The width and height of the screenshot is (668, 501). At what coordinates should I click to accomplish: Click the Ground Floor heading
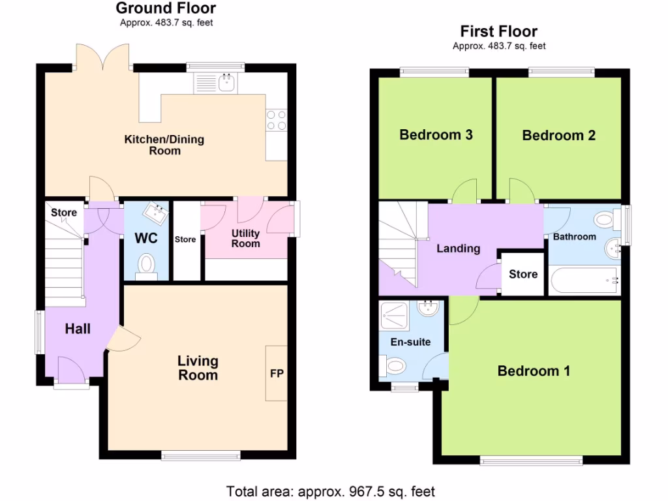tap(166, 8)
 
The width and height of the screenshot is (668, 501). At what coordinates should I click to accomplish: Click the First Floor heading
tap(499, 31)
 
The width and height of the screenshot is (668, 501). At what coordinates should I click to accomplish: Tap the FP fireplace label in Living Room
tap(277, 374)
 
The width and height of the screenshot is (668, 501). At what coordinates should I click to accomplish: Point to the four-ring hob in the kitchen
tap(276, 120)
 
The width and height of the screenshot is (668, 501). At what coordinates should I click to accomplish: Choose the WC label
tap(146, 238)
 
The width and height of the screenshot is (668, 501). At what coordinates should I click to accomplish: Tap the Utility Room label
tap(246, 238)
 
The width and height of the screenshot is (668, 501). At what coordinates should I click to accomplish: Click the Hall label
tap(78, 329)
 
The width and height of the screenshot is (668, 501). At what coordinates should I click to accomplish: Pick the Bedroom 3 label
tap(436, 135)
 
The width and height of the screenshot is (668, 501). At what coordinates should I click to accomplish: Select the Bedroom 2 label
tap(558, 136)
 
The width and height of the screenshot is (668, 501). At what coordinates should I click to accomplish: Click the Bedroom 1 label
tap(534, 371)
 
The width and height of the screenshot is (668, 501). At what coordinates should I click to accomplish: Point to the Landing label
tap(458, 248)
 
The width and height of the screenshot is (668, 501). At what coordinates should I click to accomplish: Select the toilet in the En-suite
tap(395, 367)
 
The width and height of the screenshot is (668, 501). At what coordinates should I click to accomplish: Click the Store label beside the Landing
tap(523, 274)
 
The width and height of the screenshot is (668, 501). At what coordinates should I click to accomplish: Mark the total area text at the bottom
tap(330, 491)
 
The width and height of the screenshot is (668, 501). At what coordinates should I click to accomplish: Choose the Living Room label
tap(198, 368)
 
